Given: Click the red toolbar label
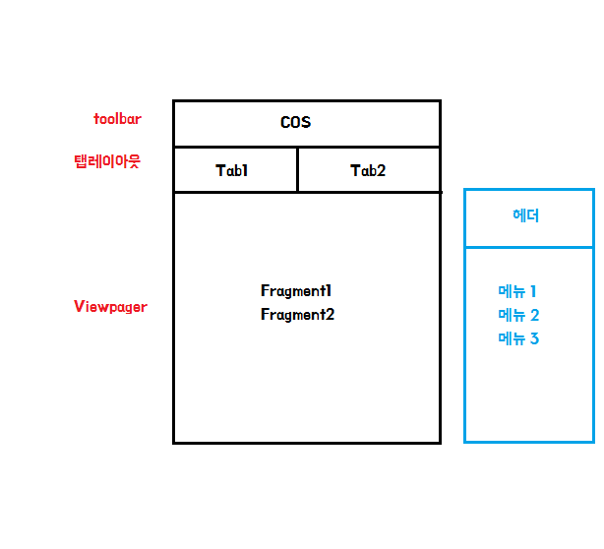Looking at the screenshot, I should pos(117,119).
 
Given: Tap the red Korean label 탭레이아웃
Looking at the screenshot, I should pos(107,161).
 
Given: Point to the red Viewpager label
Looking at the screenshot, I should pos(110,307).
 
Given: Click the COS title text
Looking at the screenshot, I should pos(295,123).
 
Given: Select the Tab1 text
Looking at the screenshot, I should pos(232,170).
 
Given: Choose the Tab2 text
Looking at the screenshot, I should pos(368,170).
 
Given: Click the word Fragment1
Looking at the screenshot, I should pos(297,291).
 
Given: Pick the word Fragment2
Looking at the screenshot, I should pos(297,315).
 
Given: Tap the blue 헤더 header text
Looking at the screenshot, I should pos(526,216).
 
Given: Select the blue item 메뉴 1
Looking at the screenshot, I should pos(517,291).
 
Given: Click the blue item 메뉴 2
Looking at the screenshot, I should pos(518,315).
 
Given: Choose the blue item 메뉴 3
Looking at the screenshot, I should pos(518,339).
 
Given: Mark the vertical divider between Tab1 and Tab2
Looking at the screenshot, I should pos(297,169).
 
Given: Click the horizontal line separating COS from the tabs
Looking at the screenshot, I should pos(306,147).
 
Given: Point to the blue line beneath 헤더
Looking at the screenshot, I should pos(529,247).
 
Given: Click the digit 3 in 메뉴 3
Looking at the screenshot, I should pos(534,339).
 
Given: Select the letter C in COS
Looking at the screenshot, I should pos(285,123).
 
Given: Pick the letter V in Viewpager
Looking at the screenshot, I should pos(79,307).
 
